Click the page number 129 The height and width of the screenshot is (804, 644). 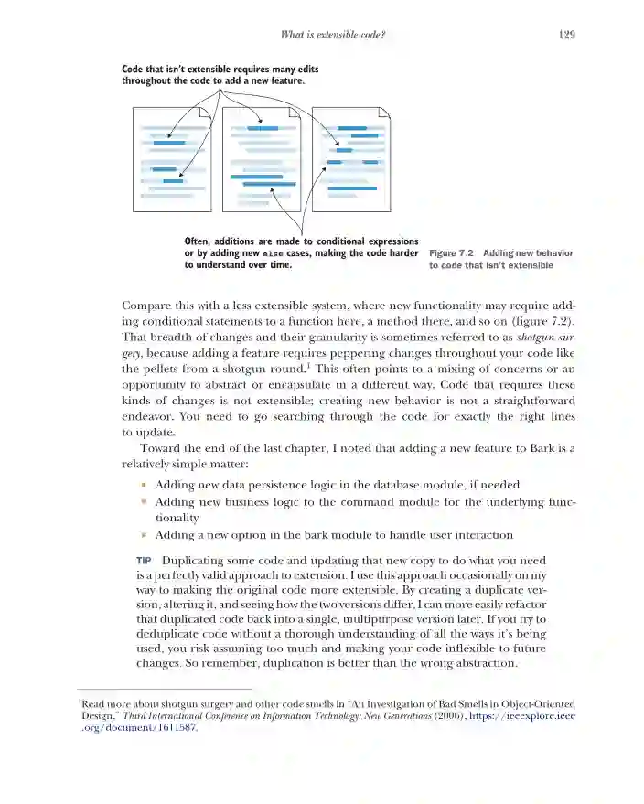[x=564, y=35]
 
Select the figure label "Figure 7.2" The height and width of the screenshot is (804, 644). [x=451, y=252]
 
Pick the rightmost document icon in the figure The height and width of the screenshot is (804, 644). [x=351, y=161]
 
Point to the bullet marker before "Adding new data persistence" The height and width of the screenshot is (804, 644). [x=143, y=485]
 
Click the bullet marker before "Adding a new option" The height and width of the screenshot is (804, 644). [x=143, y=535]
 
